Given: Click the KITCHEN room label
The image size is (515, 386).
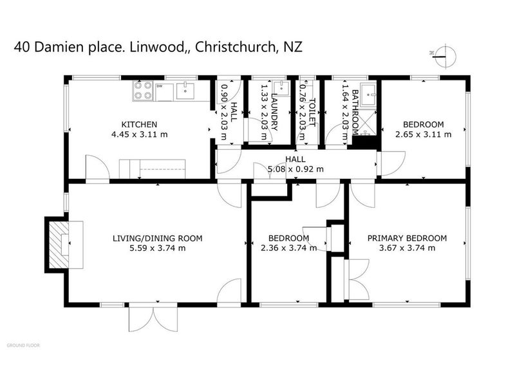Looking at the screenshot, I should [140, 125].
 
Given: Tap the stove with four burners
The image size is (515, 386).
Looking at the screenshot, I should [142, 92].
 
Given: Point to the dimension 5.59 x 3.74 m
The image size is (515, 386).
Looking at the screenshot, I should [157, 248].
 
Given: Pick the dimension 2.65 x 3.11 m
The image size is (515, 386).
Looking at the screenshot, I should [423, 134].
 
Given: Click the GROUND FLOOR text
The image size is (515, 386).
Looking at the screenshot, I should [23, 345].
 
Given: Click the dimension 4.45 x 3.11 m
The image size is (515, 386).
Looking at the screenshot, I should [140, 134].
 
